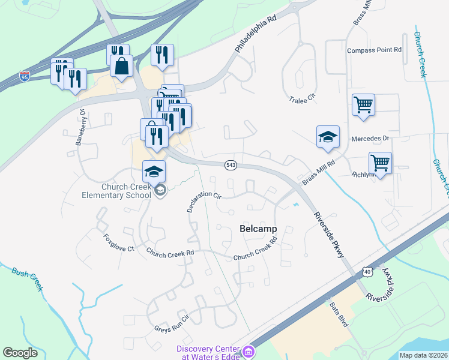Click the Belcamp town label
tap(258, 229)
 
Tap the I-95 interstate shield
tap(24, 76)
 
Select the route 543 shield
tap(230, 164)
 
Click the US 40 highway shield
tap(367, 272)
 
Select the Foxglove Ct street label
tap(118, 242)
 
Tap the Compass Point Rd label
tap(374, 50)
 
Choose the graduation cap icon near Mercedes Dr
tap(328, 137)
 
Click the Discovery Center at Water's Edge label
tap(210, 353)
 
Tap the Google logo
tap(20, 352)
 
